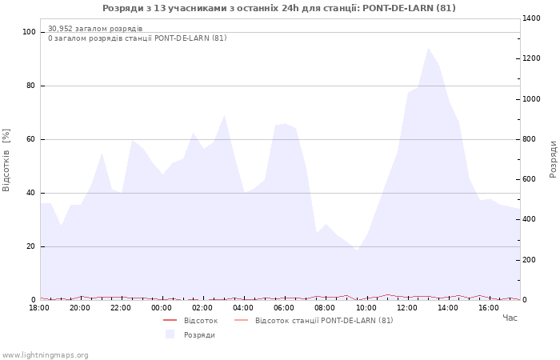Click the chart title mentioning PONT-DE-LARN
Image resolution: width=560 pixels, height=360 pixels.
click(x=279, y=8)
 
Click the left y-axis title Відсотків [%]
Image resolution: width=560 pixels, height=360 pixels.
click(x=6, y=160)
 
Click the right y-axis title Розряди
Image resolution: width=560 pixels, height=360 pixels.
click(x=553, y=158)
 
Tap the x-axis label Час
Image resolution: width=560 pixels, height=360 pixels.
click(x=510, y=318)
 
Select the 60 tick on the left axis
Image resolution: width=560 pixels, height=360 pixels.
click(x=31, y=139)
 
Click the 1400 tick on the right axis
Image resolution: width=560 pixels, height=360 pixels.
click(x=531, y=18)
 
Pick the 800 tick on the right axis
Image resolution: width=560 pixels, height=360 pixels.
click(x=529, y=139)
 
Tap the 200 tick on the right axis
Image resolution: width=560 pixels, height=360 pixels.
click(x=529, y=260)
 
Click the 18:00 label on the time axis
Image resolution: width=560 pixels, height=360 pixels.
click(x=39, y=308)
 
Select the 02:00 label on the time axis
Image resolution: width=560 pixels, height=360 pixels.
click(x=202, y=308)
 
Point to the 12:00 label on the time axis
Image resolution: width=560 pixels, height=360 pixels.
click(x=407, y=308)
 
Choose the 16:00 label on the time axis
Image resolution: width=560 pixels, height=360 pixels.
click(x=489, y=308)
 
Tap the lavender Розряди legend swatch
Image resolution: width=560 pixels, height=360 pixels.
click(x=170, y=334)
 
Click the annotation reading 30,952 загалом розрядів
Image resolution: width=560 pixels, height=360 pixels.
click(x=95, y=29)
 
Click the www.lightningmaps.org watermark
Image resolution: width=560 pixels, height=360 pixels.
click(x=45, y=355)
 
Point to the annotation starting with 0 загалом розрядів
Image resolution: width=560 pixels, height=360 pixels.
click(x=137, y=38)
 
